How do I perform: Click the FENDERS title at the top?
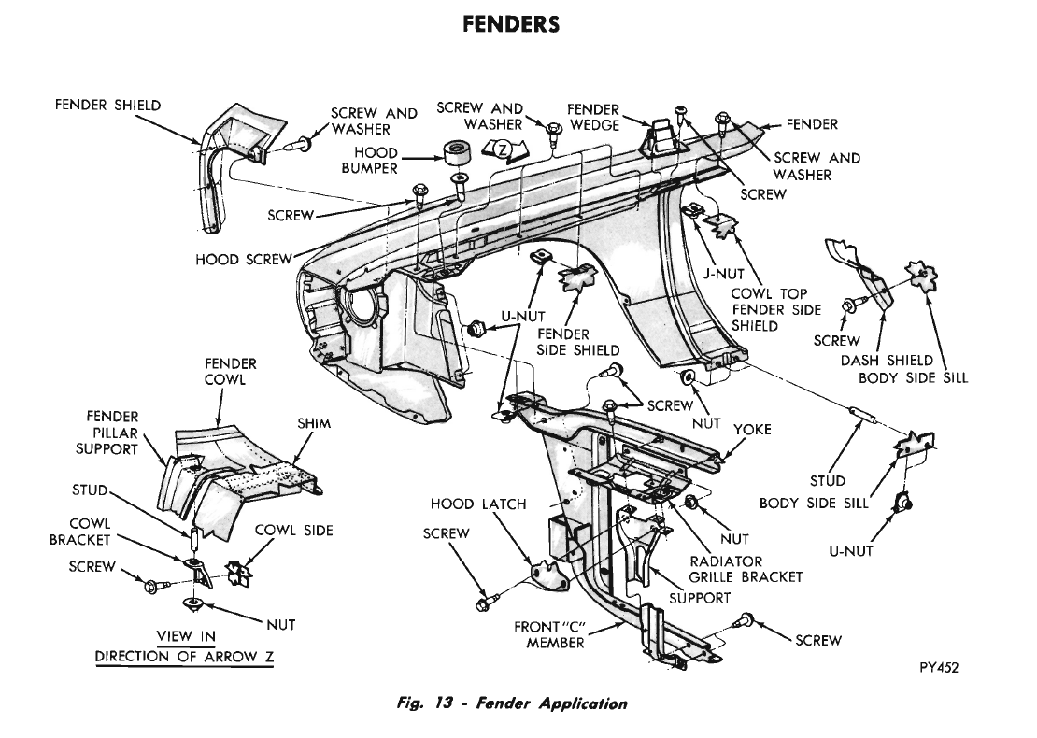click(x=511, y=24)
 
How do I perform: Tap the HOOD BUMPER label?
click(x=370, y=161)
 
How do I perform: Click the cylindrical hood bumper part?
click(x=455, y=153)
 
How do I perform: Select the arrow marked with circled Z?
click(x=504, y=151)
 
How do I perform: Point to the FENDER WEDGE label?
click(x=594, y=117)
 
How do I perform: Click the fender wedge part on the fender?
click(x=658, y=137)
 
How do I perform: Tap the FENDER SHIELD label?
click(x=107, y=106)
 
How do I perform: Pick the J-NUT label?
click(x=723, y=273)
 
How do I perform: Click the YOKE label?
click(x=753, y=430)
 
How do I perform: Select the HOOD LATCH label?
click(x=478, y=504)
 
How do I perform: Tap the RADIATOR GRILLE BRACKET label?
click(x=746, y=569)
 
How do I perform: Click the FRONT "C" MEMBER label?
click(x=551, y=634)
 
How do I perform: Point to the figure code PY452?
click(x=939, y=667)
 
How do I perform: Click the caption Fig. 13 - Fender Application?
click(x=512, y=703)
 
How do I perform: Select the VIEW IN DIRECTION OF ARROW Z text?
click(x=185, y=646)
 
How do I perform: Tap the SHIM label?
click(x=314, y=423)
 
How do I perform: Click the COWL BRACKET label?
click(x=79, y=532)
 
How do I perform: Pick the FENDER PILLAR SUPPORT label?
click(x=107, y=433)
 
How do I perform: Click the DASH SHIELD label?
click(x=887, y=361)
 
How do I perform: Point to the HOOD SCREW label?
click(x=244, y=260)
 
